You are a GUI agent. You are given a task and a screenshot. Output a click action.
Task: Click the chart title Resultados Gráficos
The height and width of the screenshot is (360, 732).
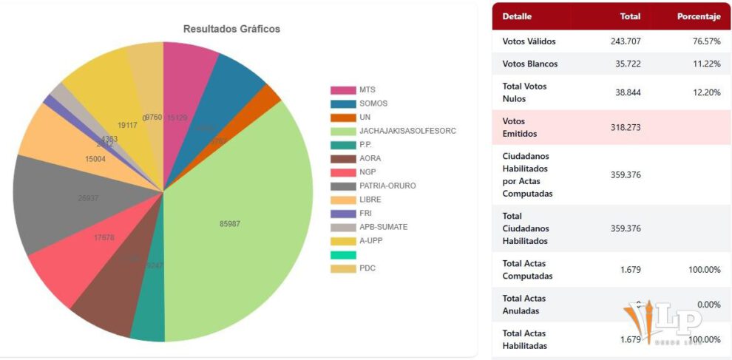[231, 29]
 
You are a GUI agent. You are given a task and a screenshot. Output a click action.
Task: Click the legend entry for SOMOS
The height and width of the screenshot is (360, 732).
[373, 103]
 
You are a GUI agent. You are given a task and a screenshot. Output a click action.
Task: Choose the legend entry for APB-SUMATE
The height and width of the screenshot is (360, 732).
[383, 227]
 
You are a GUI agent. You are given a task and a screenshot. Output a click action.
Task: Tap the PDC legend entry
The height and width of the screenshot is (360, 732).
[367, 268]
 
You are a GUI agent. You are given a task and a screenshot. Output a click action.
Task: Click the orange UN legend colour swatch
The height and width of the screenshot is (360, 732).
[342, 118]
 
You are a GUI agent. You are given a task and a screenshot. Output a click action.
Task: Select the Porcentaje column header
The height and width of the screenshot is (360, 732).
[699, 16]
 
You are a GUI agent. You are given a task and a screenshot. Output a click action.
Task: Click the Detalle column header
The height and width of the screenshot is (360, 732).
[517, 16]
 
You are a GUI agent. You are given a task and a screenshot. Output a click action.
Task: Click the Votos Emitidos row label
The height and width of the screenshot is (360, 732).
[518, 128]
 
